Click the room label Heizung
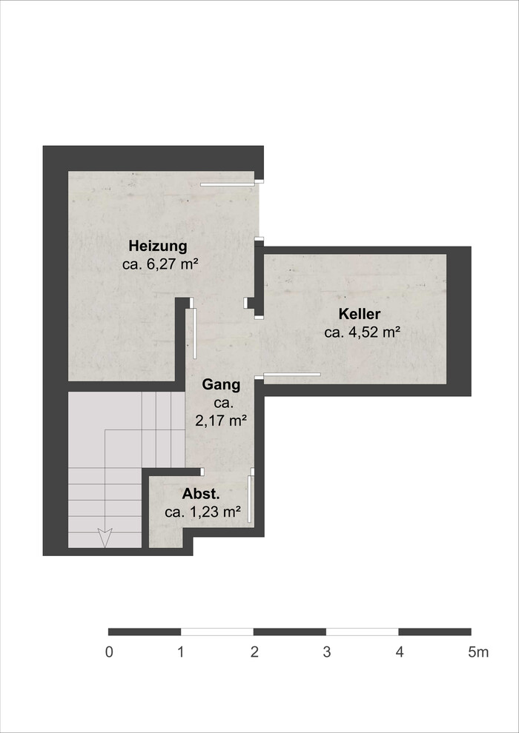pos(158,246)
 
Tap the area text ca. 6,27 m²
pos(158,264)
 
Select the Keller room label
pos(360,314)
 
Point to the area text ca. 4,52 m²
pos(362,332)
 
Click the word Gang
pos(221,386)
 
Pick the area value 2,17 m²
pos(221,421)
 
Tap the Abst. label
pos(201,494)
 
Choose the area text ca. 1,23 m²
pos(203,512)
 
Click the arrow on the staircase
pos(105,538)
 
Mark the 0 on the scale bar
pos(109,652)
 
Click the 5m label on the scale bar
pos(478,652)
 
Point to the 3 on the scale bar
pos(327,652)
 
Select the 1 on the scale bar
pos(181,652)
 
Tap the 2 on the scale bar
pos(254,652)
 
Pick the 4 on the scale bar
pos(399,652)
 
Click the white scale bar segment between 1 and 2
pos(217,632)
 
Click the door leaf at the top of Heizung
pos(228,184)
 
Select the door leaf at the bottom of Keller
pos(292,374)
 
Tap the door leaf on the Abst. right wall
pos(249,499)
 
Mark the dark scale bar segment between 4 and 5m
pos(434,632)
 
